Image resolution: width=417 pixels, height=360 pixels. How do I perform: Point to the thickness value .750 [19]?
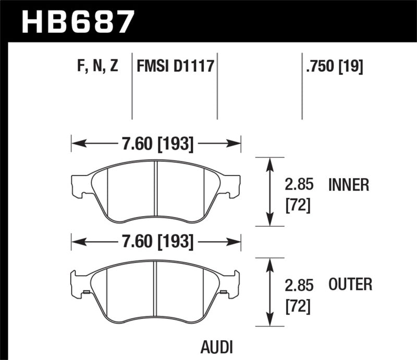[332, 67]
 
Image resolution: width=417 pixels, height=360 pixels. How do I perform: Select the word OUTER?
[350, 284]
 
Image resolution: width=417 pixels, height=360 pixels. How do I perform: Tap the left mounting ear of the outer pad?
[78, 281]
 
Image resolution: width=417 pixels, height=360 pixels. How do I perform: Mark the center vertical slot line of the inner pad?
[156, 191]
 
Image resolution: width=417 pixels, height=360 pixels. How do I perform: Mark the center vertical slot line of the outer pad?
[156, 290]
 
